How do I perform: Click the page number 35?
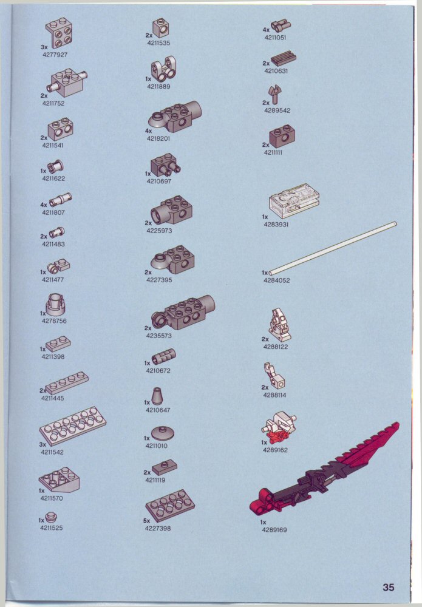(x=389, y=587)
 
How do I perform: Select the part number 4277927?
(x=55, y=55)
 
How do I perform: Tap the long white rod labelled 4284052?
(x=333, y=248)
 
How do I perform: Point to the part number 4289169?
(x=274, y=529)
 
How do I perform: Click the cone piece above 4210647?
(x=157, y=396)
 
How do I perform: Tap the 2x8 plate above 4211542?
(x=72, y=426)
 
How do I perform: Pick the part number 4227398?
(x=158, y=528)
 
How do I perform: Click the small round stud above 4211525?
(x=50, y=517)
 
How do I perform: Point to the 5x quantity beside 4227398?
(x=147, y=521)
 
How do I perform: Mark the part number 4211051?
(x=275, y=38)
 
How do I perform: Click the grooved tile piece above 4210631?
(x=284, y=59)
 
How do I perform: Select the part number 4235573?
(x=158, y=336)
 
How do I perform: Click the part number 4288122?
(x=276, y=347)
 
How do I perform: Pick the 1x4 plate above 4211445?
(x=67, y=383)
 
